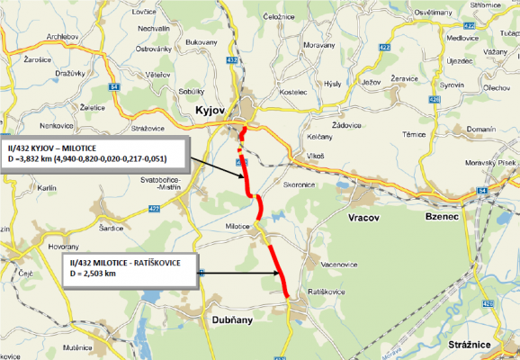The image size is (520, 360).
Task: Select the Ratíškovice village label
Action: (x=323, y=293)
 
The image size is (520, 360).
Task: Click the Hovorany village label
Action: (x=71, y=244)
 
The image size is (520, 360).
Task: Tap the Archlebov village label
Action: (x=64, y=36)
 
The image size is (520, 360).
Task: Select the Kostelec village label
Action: (x=293, y=93)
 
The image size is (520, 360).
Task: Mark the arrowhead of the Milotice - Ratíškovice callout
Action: (x=273, y=272)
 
